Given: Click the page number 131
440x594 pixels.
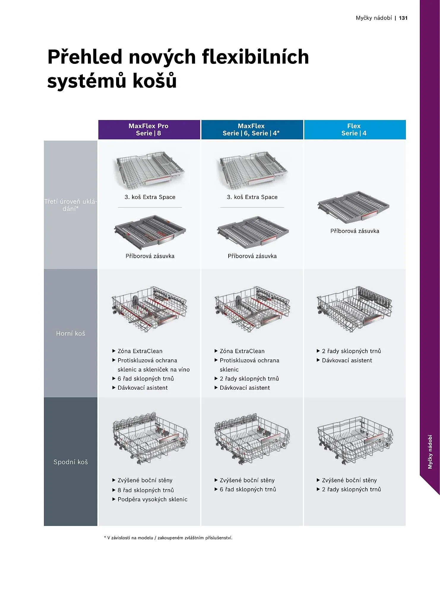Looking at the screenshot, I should click(403, 18).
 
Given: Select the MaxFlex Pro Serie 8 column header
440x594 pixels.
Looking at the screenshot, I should click(149, 130).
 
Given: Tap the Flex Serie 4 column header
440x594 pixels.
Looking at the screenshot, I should click(354, 130).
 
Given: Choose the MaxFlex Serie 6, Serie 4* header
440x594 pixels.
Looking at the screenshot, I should click(252, 130).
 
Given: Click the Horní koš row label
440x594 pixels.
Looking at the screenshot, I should click(71, 334).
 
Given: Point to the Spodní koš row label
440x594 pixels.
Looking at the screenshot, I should click(71, 462).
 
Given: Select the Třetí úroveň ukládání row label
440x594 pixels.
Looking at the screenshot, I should click(71, 205).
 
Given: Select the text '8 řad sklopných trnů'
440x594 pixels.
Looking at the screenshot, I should click(145, 490).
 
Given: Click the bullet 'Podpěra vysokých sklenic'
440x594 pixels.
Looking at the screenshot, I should click(152, 499).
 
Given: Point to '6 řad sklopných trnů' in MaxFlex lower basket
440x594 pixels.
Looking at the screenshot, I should click(248, 489).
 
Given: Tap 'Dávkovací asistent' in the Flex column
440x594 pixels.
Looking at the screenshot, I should click(347, 360).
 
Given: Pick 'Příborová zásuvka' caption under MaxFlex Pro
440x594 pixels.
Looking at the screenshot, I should click(150, 256).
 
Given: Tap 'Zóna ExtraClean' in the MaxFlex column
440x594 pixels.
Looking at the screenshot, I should click(242, 351).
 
